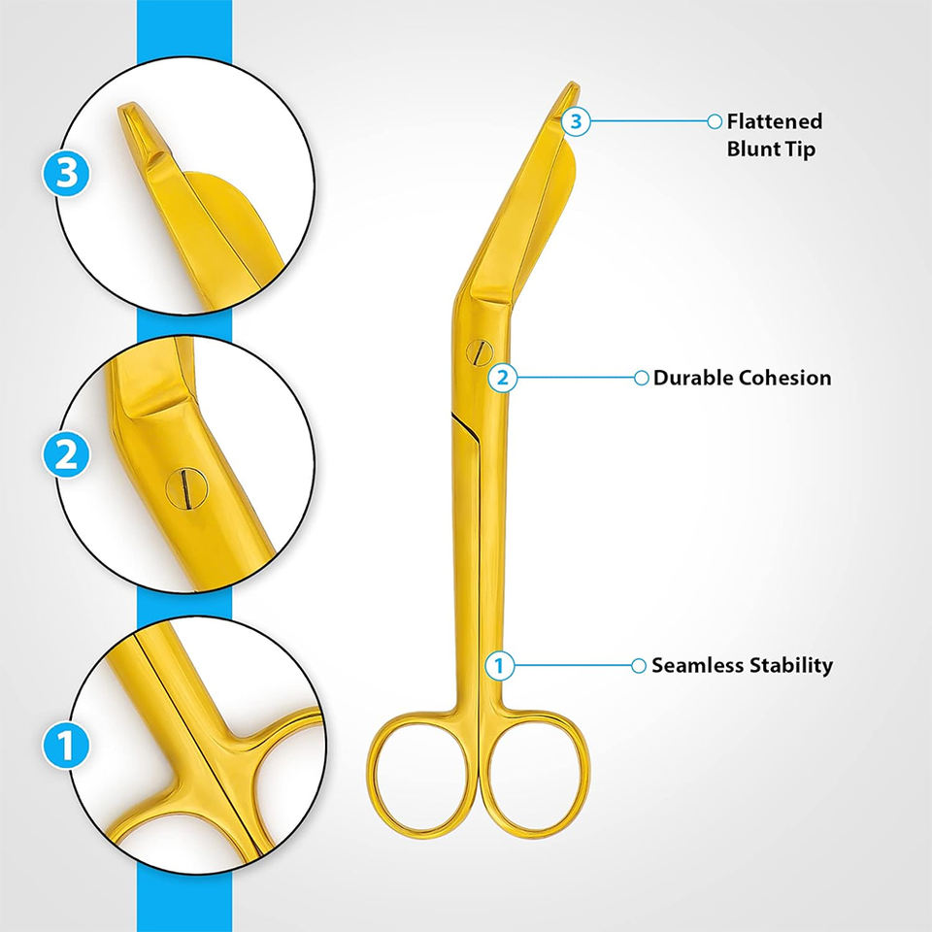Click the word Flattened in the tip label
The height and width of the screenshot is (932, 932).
tap(775, 121)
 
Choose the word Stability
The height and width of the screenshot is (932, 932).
tap(791, 666)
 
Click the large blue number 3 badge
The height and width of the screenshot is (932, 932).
tap(67, 175)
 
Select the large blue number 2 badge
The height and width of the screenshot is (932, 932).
tap(67, 454)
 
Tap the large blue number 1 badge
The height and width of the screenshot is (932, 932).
tap(66, 747)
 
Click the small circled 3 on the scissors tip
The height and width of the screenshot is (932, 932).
tap(577, 121)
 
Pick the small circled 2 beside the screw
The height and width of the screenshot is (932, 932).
tap(502, 378)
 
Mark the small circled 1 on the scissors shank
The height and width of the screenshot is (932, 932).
tap(499, 666)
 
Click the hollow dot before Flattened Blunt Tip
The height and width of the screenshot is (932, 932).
tap(716, 121)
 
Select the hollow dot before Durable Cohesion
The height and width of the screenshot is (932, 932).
tap(641, 378)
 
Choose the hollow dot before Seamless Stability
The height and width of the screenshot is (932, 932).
tap(639, 666)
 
